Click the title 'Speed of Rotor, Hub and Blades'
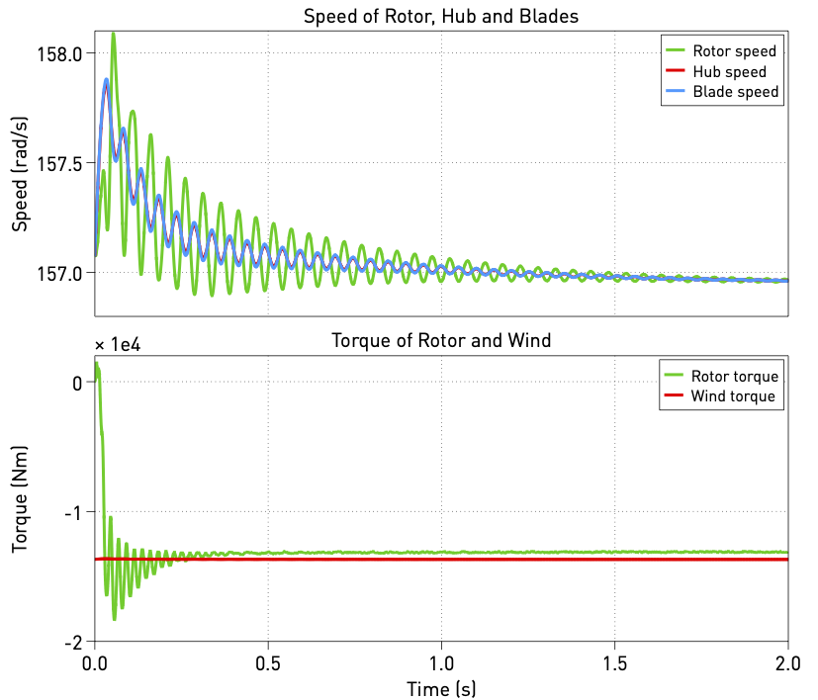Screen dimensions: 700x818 [440, 16]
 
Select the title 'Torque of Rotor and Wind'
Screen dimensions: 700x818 [440, 341]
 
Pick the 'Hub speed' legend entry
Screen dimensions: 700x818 [729, 72]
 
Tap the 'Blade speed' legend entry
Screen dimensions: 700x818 [736, 92]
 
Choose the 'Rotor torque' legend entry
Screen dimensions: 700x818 [735, 377]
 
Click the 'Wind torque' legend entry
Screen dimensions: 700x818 [734, 397]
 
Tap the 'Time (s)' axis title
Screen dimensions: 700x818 [440, 686]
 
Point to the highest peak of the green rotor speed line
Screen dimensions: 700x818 [113, 35]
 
